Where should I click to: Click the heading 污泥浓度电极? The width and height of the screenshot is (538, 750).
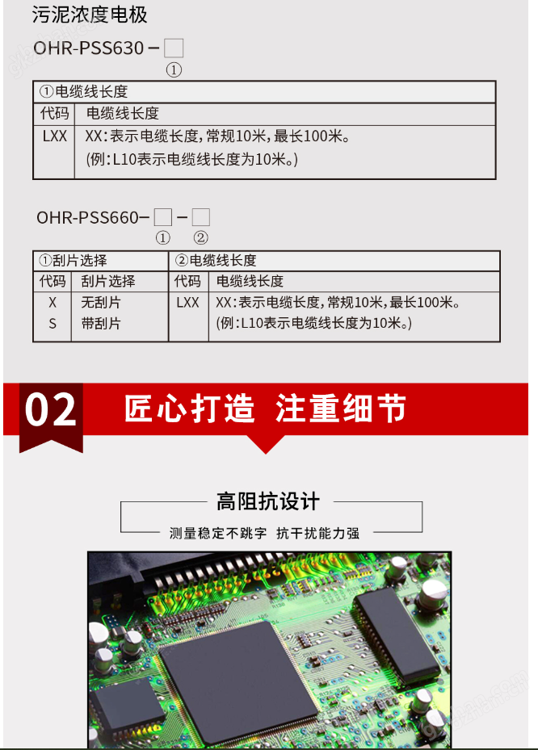[x=90, y=15]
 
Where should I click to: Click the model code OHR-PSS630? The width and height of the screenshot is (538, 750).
[x=89, y=48]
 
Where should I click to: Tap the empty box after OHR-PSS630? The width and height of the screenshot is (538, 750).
[x=174, y=48]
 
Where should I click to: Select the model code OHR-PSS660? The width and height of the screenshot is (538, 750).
[x=87, y=218]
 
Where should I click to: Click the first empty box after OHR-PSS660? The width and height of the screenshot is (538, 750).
[x=162, y=217]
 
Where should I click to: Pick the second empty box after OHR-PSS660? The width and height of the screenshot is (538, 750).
[x=201, y=217]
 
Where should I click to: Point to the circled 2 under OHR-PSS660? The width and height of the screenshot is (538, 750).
[x=200, y=237]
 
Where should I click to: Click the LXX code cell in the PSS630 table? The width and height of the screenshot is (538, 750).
[x=55, y=136]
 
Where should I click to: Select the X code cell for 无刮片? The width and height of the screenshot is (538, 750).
[x=53, y=302]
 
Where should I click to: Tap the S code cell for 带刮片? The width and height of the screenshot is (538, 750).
[x=53, y=324]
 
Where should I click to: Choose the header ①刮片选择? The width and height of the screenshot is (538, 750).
[x=74, y=261]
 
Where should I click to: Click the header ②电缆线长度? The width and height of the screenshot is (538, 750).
[x=216, y=261]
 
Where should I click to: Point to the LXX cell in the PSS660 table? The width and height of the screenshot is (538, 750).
[x=187, y=302]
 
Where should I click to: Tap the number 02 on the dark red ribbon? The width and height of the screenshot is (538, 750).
[x=51, y=409]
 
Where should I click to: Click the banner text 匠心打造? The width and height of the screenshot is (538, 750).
[x=190, y=409]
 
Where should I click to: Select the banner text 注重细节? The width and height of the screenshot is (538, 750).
[x=341, y=409]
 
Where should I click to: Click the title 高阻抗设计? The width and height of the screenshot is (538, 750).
[x=268, y=502]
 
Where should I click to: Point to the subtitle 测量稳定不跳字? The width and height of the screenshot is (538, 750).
[x=218, y=534]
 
